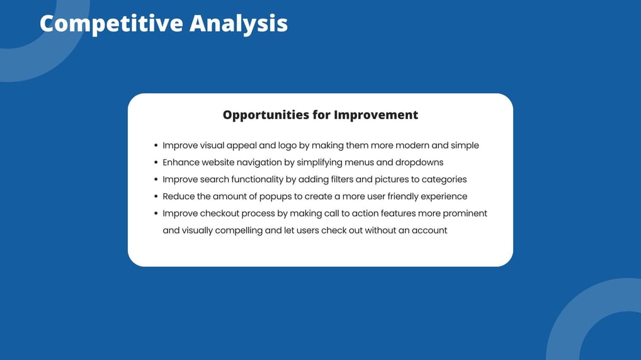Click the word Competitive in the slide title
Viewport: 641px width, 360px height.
pos(111,24)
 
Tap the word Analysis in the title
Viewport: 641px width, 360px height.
pos(239,24)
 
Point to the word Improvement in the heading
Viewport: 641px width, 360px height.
pos(376,115)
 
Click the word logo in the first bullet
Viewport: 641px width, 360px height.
pos(287,146)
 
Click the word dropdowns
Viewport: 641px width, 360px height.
pos(419,162)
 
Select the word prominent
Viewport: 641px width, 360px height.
pos(465,214)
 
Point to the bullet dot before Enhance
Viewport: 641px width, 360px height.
pos(156,162)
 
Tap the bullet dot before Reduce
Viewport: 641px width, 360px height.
pos(156,196)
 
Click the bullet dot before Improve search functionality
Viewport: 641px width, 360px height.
pos(156,179)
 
